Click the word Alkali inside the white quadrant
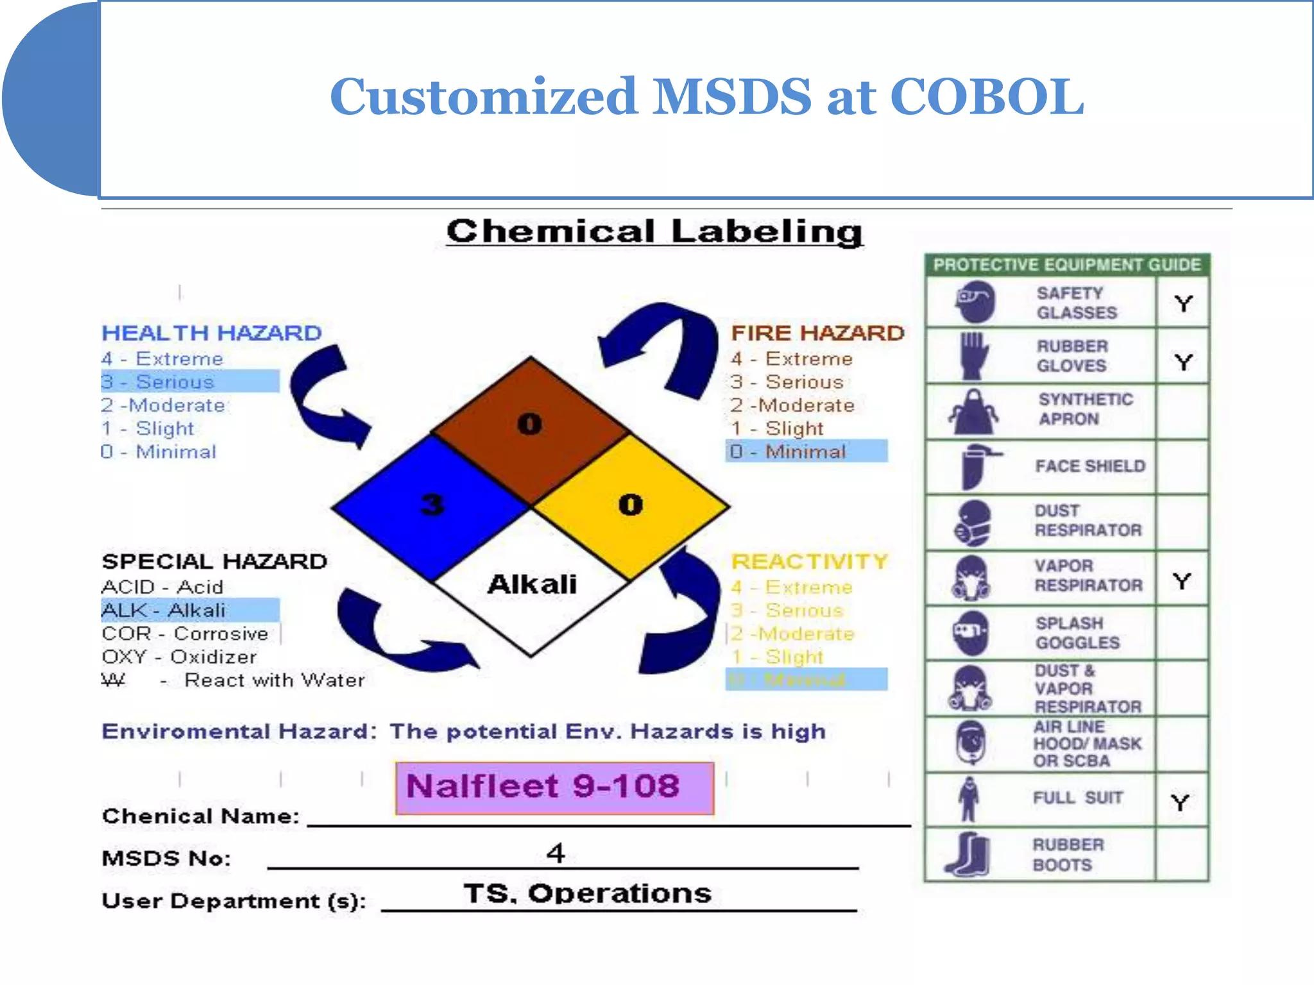532,584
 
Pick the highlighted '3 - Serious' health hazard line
190,382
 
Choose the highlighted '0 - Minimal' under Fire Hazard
806,451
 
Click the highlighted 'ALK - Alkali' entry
190,610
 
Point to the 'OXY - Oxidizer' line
179,657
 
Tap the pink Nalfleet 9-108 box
554,787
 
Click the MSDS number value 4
556,853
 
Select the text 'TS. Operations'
587,893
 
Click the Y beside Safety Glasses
1183,303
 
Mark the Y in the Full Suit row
1180,802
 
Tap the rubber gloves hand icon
973,356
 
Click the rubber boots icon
968,854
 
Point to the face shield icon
975,467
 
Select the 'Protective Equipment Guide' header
1066,265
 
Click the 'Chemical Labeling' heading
654,232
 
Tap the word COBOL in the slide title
987,97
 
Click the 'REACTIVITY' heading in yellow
809,561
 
